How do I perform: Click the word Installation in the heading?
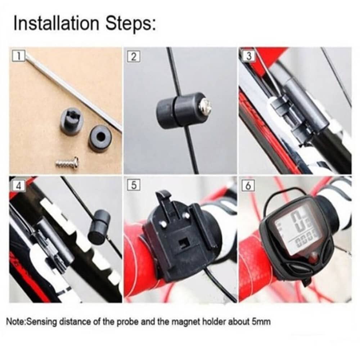pos(56,23)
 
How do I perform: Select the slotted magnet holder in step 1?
pos(71,120)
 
